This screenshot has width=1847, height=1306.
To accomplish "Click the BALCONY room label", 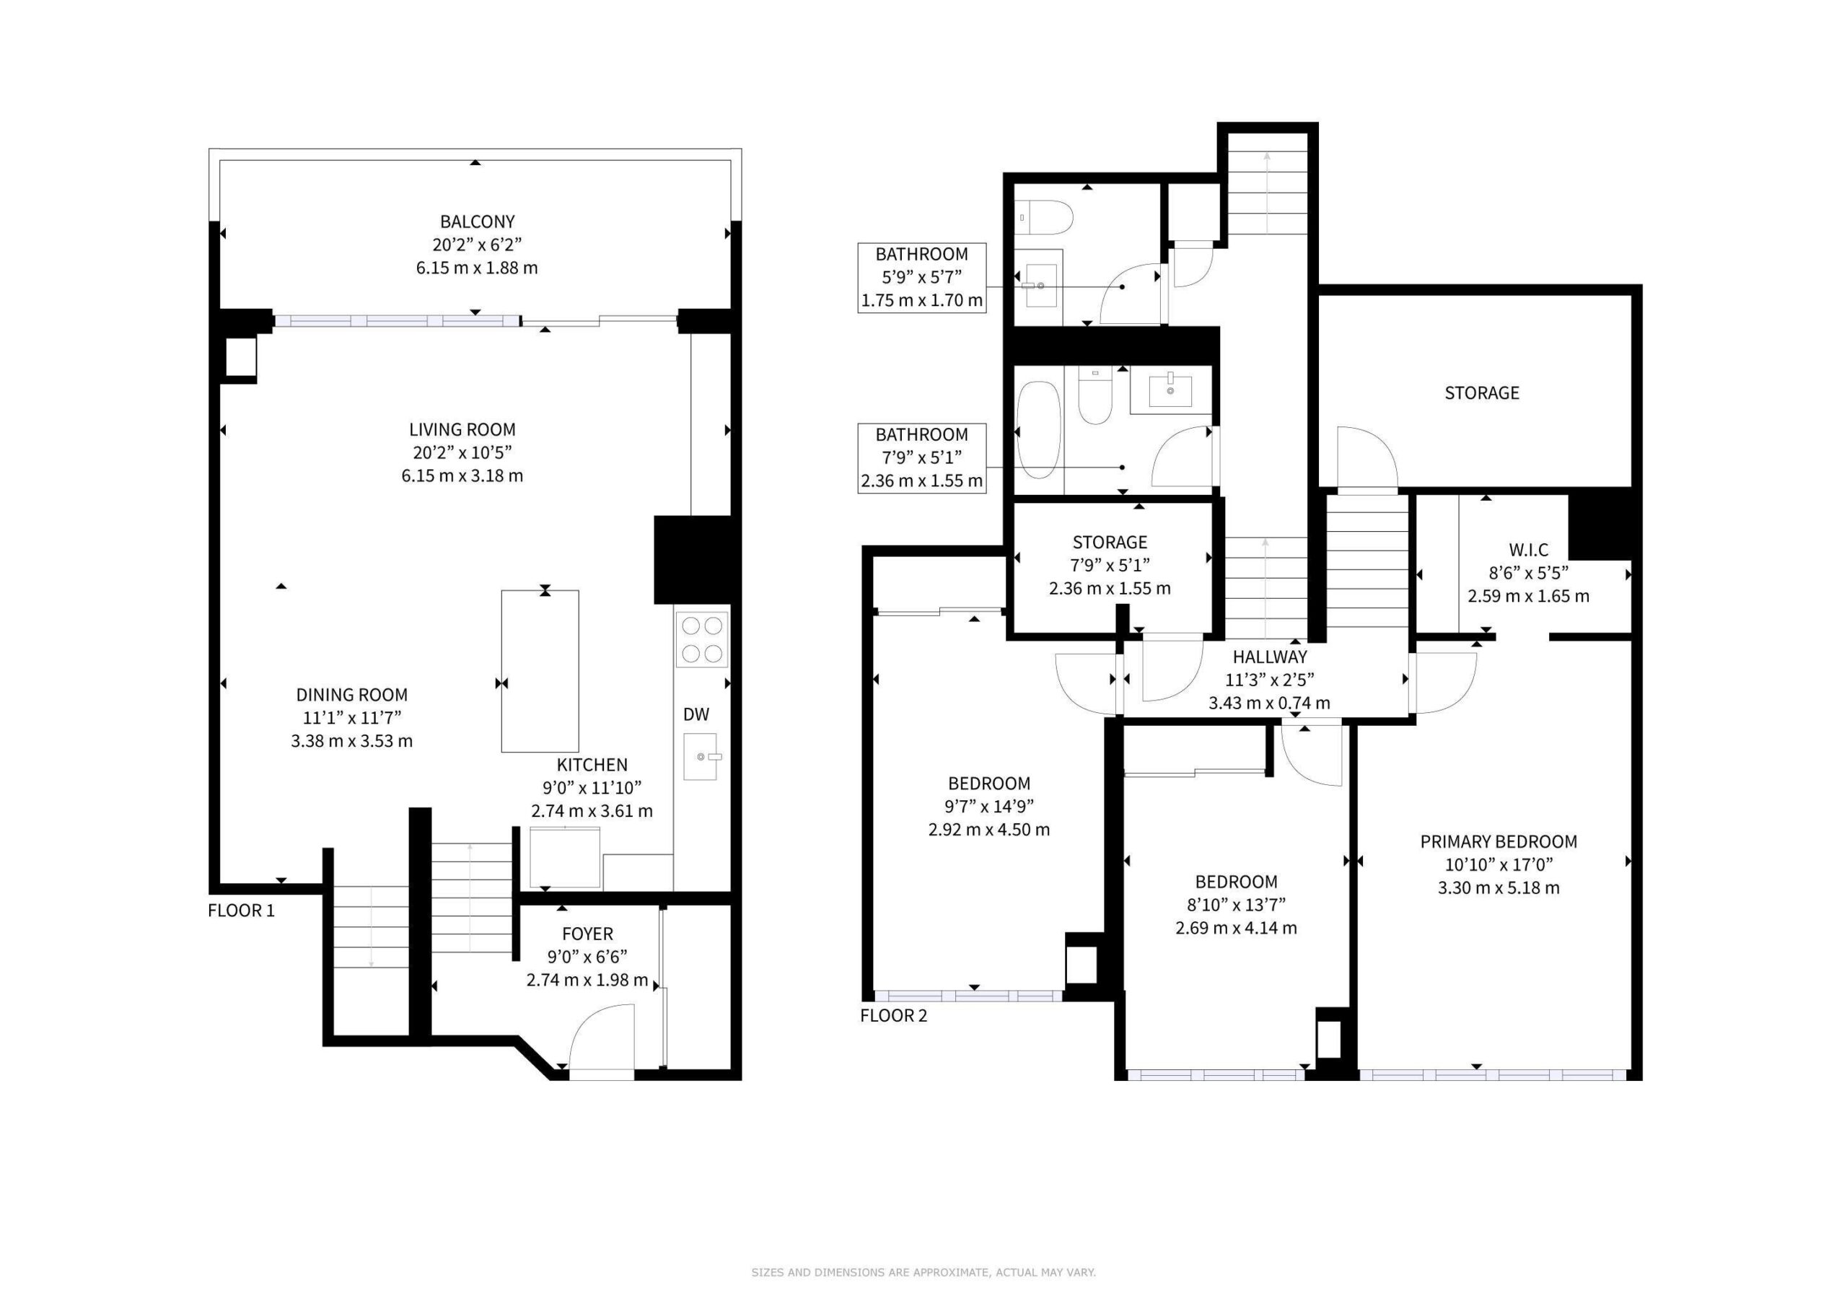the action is [x=477, y=222].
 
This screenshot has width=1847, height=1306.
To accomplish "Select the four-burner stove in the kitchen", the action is [x=701, y=640].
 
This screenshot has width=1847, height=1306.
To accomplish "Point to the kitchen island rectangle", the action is [x=540, y=671].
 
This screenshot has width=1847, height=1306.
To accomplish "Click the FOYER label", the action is [x=587, y=934].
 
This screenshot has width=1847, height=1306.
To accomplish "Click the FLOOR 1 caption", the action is [x=241, y=910].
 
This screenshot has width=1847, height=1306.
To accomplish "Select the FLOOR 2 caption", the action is [x=894, y=1015].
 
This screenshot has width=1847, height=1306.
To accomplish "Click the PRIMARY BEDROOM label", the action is [x=1499, y=842].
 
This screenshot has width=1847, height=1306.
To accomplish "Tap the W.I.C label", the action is [x=1528, y=551].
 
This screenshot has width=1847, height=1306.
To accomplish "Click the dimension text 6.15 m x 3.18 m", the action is [x=462, y=475].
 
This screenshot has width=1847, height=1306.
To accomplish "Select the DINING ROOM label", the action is [x=351, y=694].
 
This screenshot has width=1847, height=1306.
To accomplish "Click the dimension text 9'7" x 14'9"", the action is [x=989, y=806].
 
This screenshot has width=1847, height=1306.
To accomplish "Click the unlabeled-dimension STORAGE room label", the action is [x=1482, y=393].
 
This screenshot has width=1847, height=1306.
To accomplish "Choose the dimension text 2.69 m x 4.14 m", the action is [x=1237, y=928].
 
